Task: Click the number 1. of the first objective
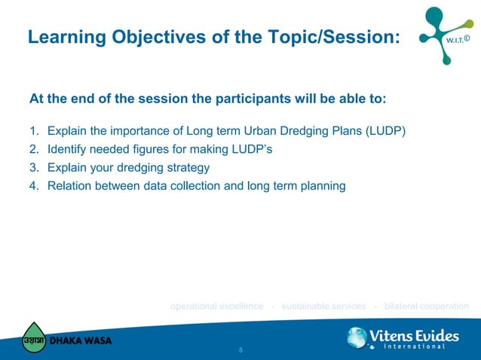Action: click(x=34, y=132)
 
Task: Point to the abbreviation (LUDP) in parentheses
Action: click(x=385, y=132)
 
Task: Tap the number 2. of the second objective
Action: click(x=34, y=149)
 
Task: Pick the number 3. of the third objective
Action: click(x=34, y=167)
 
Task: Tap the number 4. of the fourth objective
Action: click(x=34, y=185)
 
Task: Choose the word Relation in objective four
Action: click(x=69, y=185)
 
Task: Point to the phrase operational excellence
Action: click(x=217, y=306)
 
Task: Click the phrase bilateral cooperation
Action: click(x=426, y=306)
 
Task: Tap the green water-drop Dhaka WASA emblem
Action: click(x=33, y=337)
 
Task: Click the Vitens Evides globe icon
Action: click(x=357, y=337)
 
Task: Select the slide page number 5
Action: click(x=240, y=351)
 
